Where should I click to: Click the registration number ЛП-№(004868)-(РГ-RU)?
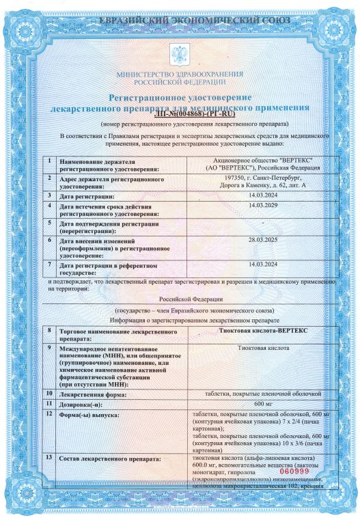(180, 115)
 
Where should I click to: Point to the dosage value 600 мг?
(262, 403)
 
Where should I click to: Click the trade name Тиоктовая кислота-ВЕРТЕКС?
(262, 329)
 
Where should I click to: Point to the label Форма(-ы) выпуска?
(90, 415)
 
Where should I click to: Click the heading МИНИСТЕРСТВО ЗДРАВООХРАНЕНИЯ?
(180, 72)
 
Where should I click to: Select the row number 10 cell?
(49, 394)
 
